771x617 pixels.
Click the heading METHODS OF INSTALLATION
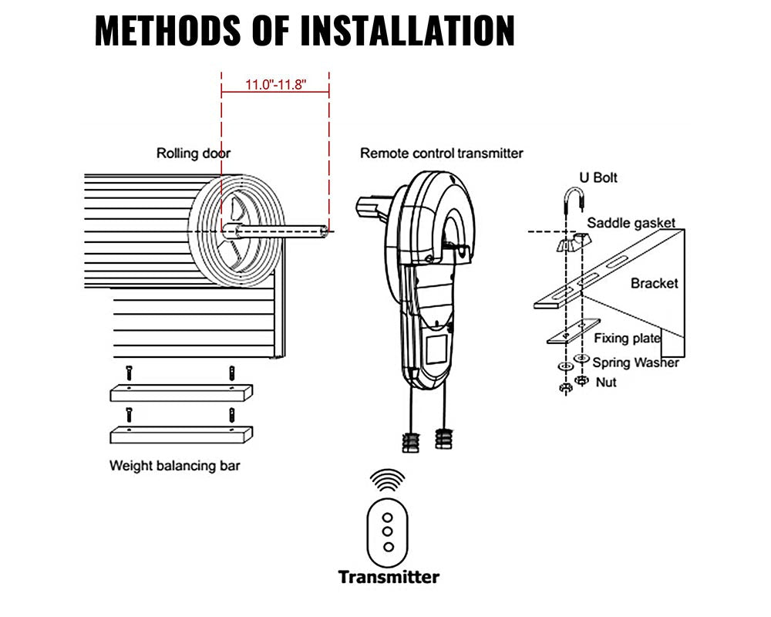[x=305, y=30]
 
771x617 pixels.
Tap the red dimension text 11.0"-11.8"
[x=276, y=85]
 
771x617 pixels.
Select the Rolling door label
[x=194, y=153]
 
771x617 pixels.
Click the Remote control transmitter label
[x=441, y=153]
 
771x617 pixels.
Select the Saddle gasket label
[x=631, y=223]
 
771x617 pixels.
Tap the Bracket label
[x=654, y=283]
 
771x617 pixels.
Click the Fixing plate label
[x=627, y=338]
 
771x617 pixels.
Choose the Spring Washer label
[x=635, y=362]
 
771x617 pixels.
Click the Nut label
[x=606, y=383]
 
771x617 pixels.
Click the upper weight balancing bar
[x=180, y=393]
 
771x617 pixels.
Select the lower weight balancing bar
[x=180, y=434]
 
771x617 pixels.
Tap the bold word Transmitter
[x=389, y=576]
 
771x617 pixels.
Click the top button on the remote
[x=388, y=518]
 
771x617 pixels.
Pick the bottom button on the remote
[x=388, y=546]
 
